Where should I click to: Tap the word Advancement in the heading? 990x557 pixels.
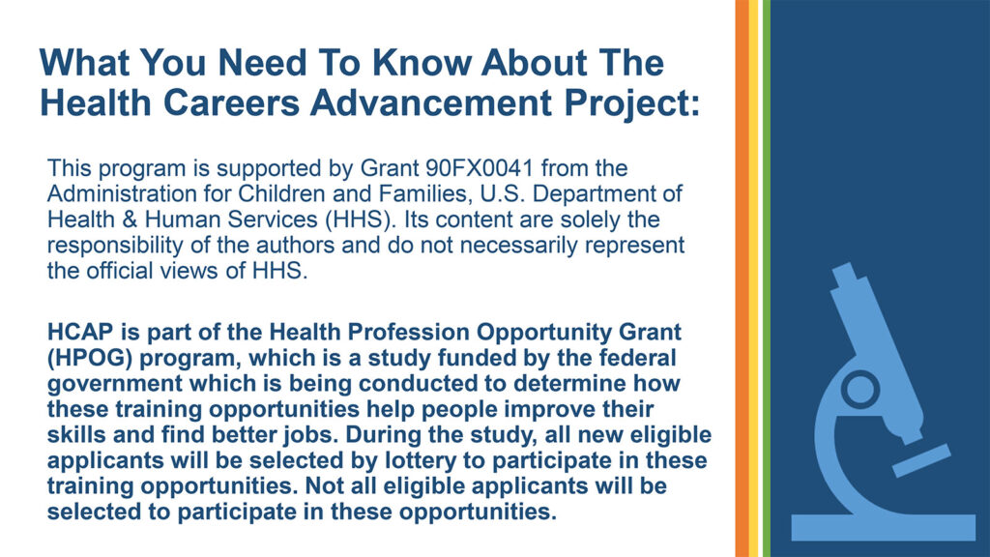[x=431, y=103]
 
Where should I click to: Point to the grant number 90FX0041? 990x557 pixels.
[x=480, y=168]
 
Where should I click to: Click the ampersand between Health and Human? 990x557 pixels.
[x=130, y=220]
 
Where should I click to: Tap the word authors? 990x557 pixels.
[x=295, y=245]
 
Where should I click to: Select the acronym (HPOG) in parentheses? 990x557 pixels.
[x=90, y=358]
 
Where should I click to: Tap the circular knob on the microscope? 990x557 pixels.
[x=860, y=389]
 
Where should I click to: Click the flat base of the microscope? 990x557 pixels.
[x=884, y=527]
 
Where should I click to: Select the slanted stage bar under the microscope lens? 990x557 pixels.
[x=921, y=460]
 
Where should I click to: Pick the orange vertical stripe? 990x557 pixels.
[x=742, y=278]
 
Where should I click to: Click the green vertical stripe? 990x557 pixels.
[x=767, y=278]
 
